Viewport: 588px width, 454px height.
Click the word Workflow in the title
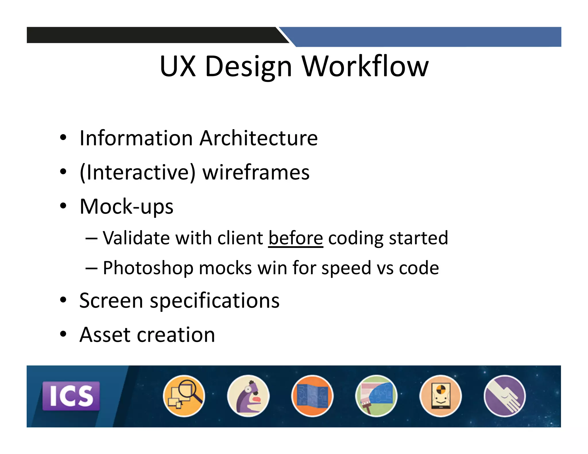coord(365,66)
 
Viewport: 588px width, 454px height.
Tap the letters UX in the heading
coord(178,66)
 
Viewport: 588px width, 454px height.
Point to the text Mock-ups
coord(126,206)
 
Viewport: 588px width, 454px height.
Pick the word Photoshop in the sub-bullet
coord(148,268)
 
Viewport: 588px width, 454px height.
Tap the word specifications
coord(214,301)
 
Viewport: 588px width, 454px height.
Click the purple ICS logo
coord(71,396)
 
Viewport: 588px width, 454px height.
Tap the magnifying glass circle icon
coord(184,396)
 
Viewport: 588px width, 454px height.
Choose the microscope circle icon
coord(248,396)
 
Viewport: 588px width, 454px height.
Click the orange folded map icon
coord(312,396)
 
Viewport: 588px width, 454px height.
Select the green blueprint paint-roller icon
coord(376,396)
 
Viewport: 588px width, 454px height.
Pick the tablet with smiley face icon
coord(440,396)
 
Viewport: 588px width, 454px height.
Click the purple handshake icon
coord(504,396)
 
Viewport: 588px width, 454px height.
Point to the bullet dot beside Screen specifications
coord(63,300)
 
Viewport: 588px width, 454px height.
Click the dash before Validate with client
coord(91,238)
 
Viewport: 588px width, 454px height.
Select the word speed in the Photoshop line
coord(346,268)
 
